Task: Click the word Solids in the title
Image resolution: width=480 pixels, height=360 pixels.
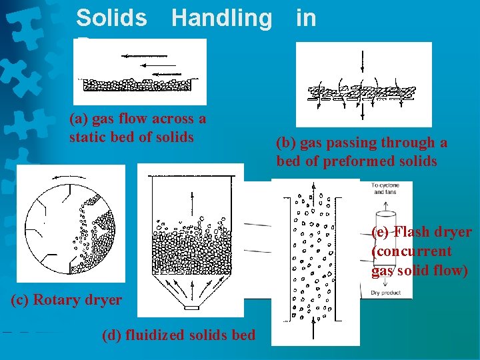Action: click(111, 18)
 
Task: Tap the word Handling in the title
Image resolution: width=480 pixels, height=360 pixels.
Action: click(221, 18)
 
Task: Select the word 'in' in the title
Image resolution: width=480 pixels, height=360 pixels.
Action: click(305, 18)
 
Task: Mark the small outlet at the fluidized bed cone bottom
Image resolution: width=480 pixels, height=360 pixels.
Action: click(193, 308)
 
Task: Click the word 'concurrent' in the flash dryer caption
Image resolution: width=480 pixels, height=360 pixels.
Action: click(411, 251)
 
